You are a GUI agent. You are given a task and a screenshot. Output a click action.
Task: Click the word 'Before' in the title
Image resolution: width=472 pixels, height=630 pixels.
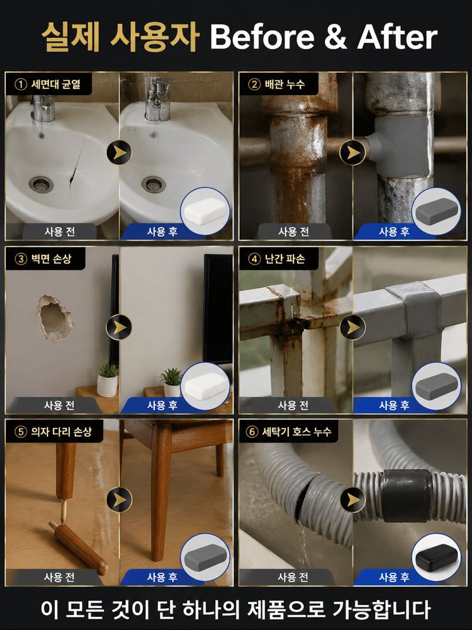pyautogui.click(x=262, y=37)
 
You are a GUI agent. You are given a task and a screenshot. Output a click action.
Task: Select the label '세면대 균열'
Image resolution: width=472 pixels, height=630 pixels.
pyautogui.click(x=56, y=84)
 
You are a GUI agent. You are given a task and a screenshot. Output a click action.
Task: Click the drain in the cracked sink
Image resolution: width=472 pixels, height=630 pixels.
pyautogui.click(x=41, y=184)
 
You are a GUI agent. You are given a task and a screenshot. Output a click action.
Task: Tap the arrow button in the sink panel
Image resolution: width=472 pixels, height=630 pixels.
pyautogui.click(x=119, y=152)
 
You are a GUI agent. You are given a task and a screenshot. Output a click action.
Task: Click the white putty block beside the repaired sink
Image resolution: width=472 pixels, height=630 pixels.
pyautogui.click(x=205, y=210)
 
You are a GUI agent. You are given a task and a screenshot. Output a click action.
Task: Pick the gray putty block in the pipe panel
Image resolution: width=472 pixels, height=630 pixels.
pyautogui.click(x=436, y=211)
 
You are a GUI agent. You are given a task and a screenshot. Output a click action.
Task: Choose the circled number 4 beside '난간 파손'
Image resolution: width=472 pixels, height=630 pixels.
pyautogui.click(x=254, y=259)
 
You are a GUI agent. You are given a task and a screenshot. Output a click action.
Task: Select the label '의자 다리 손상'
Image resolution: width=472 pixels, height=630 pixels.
pyautogui.click(x=62, y=432)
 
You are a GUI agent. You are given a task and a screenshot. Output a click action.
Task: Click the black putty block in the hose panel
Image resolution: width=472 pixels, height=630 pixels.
pyautogui.click(x=436, y=557)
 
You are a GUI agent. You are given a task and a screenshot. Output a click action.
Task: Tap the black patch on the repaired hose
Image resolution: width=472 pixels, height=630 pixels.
pyautogui.click(x=406, y=495)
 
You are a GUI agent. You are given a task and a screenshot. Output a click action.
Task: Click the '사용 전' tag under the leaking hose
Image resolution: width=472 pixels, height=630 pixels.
pyautogui.click(x=293, y=577)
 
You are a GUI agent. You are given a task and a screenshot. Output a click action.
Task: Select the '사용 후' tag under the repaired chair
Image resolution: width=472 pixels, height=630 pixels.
pyautogui.click(x=162, y=577)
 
